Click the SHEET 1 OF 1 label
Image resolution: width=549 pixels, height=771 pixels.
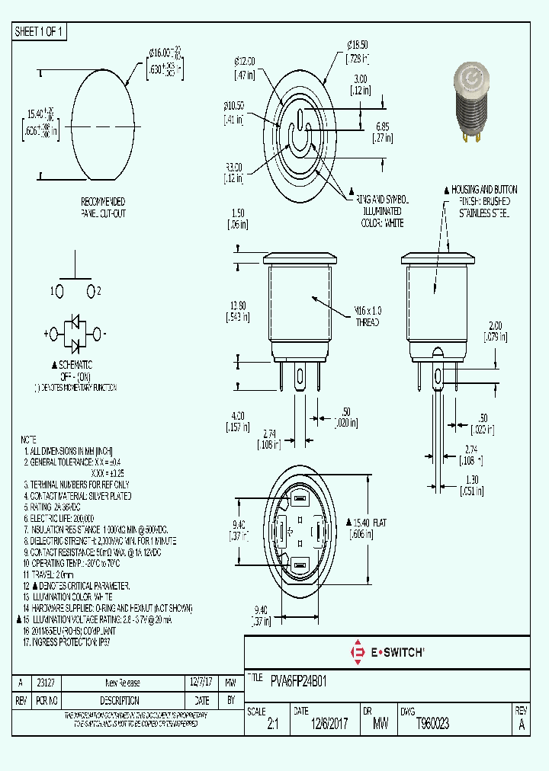point(40,31)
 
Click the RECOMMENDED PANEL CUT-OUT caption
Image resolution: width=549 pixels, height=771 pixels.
point(103,208)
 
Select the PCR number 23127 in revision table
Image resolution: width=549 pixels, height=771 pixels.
point(45,683)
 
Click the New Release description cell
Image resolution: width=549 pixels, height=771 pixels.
point(122,683)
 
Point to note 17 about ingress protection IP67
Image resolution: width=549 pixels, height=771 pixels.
point(72,642)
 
